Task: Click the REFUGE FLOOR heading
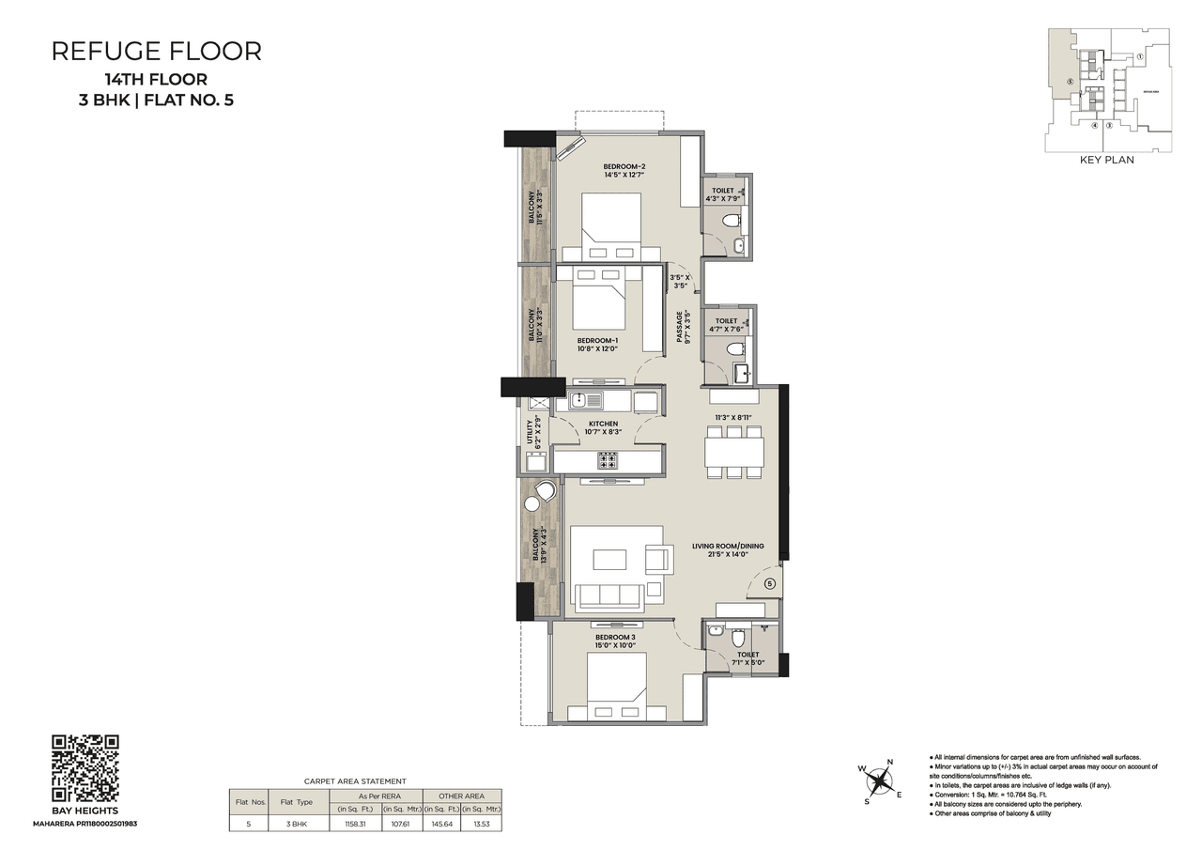pyautogui.click(x=156, y=52)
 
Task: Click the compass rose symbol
pyautogui.click(x=879, y=780)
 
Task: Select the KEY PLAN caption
pyautogui.click(x=1107, y=160)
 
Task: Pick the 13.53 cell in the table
pyautogui.click(x=482, y=823)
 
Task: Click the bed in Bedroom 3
pyautogui.click(x=617, y=686)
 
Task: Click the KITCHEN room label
pyautogui.click(x=603, y=424)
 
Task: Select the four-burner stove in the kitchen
pyautogui.click(x=608, y=460)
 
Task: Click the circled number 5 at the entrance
pyautogui.click(x=769, y=583)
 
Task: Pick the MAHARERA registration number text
pyautogui.click(x=85, y=823)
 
